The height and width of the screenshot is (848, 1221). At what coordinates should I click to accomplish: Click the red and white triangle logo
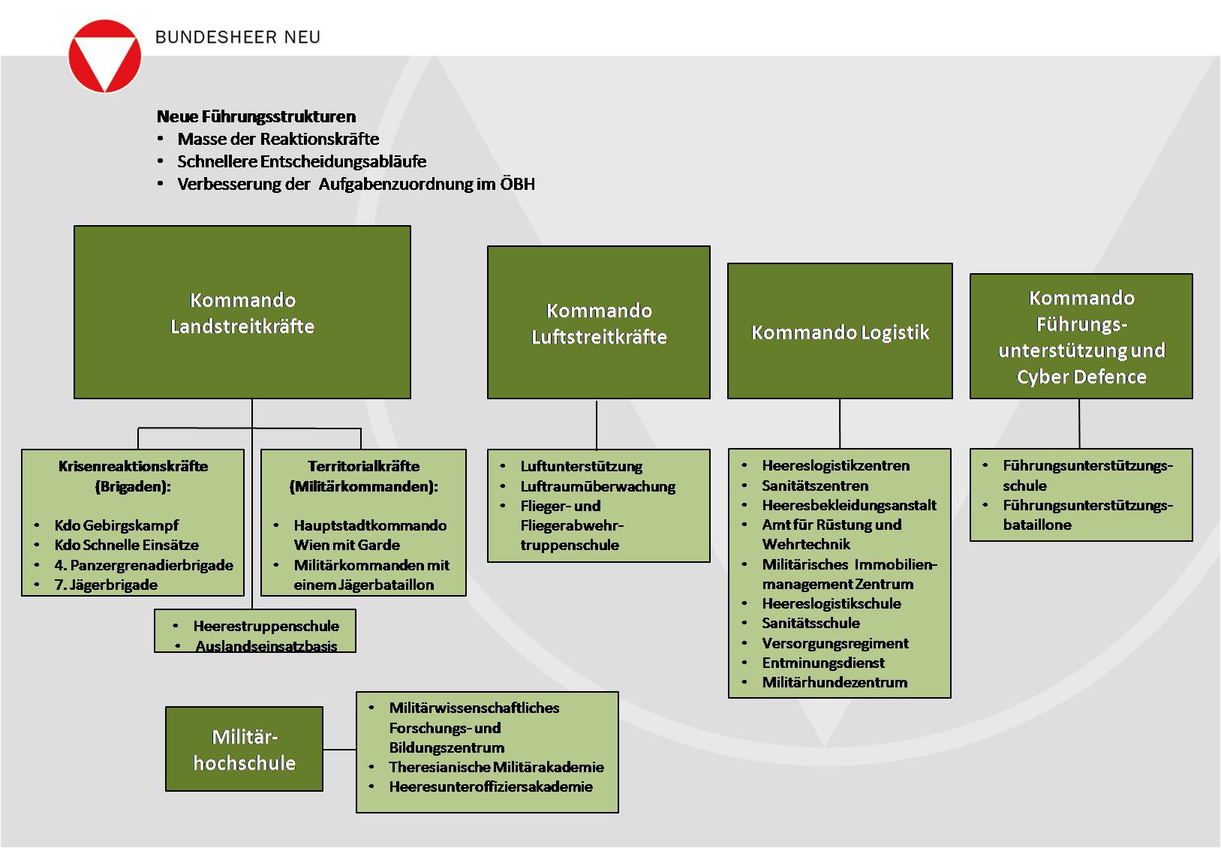(x=105, y=56)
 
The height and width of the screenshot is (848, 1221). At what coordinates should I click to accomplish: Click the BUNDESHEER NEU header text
(x=237, y=37)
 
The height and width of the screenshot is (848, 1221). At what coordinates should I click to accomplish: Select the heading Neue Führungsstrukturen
(x=256, y=116)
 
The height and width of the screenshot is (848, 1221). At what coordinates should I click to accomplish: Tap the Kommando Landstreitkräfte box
(x=242, y=312)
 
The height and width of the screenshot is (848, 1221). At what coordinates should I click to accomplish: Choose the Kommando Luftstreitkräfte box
(x=599, y=323)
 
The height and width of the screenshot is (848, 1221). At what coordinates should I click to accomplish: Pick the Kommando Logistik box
(x=840, y=332)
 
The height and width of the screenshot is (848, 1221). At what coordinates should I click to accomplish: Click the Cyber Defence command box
(x=1081, y=336)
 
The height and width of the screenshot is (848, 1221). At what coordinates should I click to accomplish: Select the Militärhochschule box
(x=244, y=749)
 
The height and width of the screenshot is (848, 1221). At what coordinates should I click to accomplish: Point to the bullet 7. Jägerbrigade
(x=106, y=585)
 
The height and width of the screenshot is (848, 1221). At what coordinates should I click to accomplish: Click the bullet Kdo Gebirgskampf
(x=116, y=525)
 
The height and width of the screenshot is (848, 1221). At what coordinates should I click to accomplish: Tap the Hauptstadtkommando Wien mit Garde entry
(x=369, y=535)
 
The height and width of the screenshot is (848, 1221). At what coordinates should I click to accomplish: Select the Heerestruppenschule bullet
(x=266, y=626)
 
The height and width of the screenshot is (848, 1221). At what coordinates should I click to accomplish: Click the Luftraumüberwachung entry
(x=597, y=486)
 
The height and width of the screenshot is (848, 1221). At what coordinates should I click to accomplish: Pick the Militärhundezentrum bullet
(x=835, y=682)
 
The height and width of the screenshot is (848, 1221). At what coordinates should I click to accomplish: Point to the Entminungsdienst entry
(x=823, y=663)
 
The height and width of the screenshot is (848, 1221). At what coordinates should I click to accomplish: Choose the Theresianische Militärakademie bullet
(x=496, y=767)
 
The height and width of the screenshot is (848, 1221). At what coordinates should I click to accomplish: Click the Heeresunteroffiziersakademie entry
(x=491, y=786)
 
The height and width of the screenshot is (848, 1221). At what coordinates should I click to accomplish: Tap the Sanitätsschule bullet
(x=810, y=623)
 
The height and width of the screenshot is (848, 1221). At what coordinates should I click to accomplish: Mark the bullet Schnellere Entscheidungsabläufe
(x=302, y=161)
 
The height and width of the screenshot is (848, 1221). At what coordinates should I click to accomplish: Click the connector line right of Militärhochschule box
(x=339, y=749)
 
